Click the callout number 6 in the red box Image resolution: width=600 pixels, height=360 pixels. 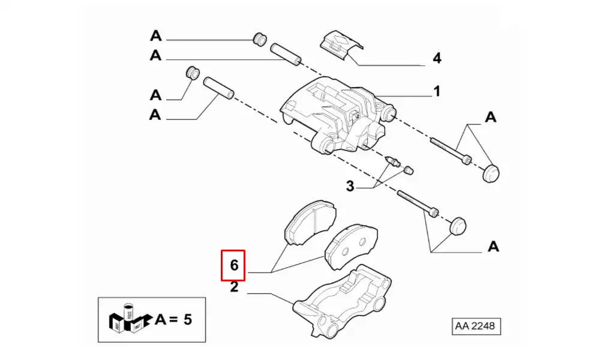233,265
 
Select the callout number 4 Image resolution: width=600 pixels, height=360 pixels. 437,58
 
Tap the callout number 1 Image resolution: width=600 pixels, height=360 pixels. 437,92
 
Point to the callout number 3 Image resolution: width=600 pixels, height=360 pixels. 350,186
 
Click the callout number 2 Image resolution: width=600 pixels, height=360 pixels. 234,288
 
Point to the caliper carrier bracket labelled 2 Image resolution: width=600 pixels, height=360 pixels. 342,300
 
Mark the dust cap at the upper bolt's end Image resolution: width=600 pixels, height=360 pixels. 491,173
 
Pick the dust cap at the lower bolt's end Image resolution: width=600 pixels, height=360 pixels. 458,227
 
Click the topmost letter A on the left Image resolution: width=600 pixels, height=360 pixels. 156,36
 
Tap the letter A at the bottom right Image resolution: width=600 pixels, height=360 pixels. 493,246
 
